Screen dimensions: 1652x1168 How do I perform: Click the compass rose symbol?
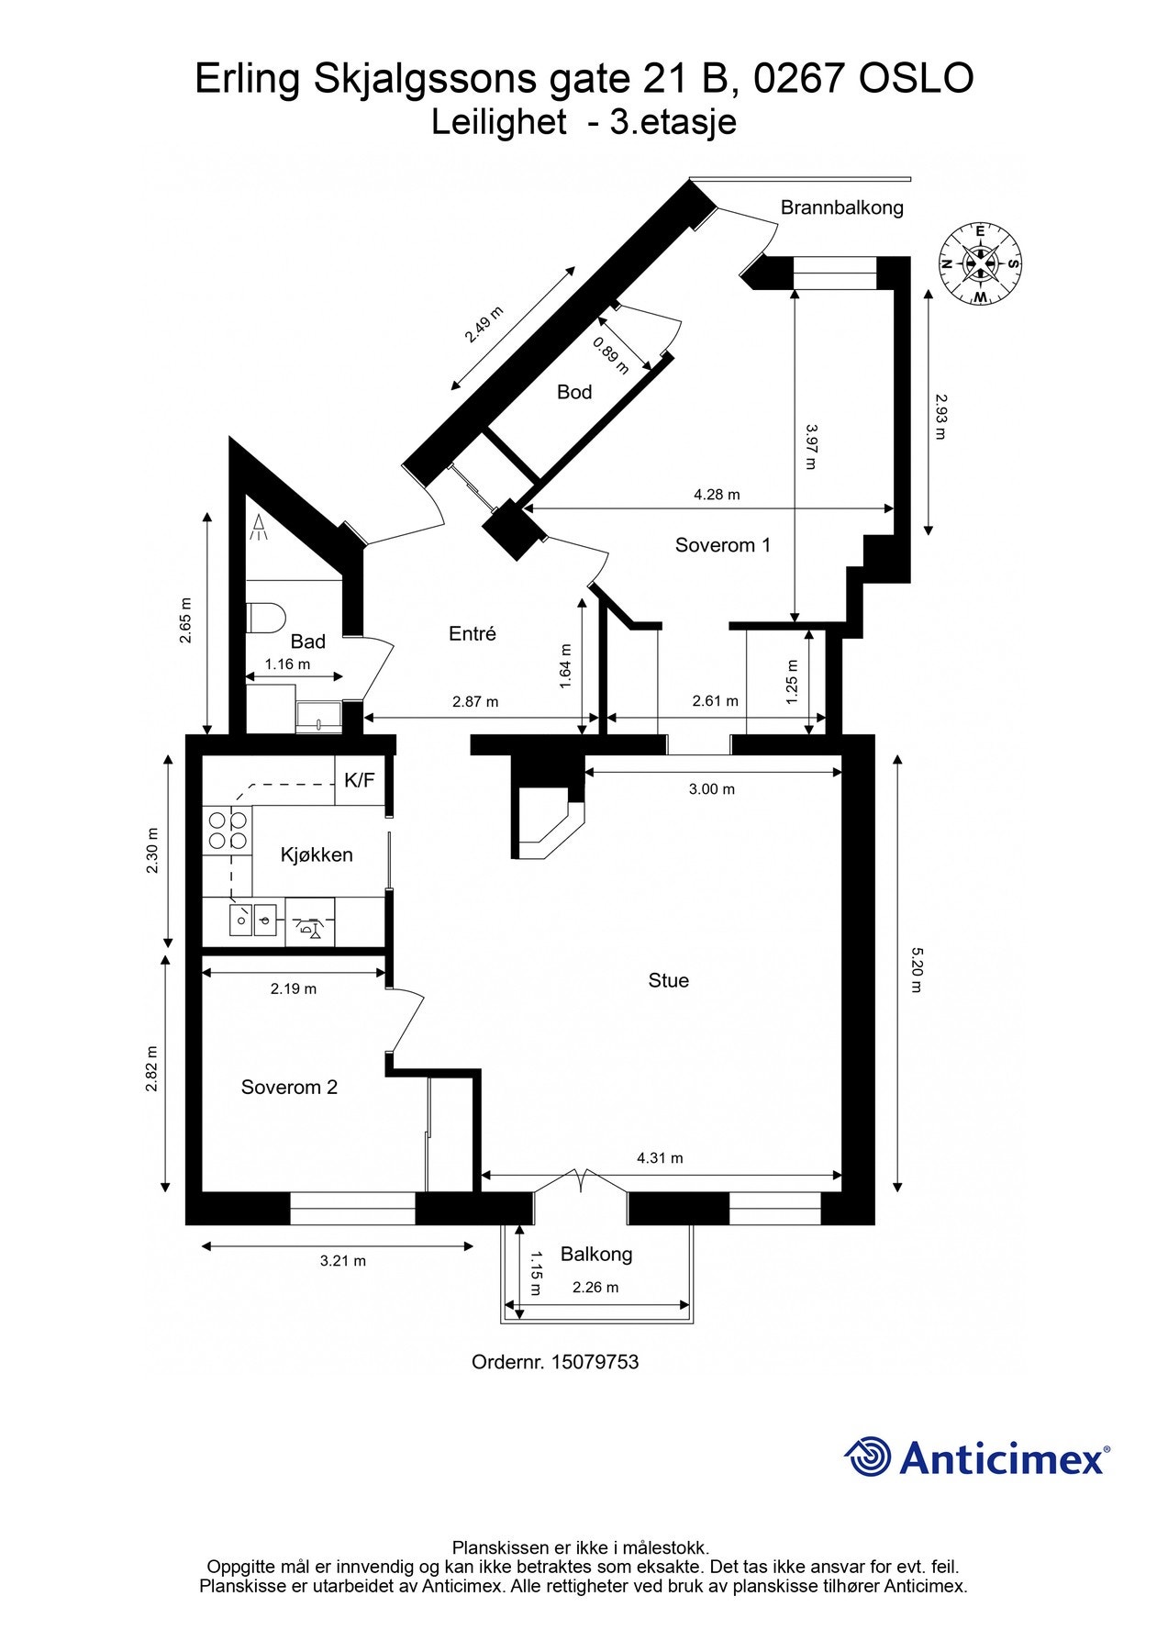tap(980, 263)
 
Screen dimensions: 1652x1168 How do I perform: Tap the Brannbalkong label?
tap(841, 207)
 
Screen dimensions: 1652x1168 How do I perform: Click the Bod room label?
tap(574, 392)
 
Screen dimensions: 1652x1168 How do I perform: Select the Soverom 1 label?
tap(722, 545)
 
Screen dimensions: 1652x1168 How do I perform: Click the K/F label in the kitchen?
tap(359, 780)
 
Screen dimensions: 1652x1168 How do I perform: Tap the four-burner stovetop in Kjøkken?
tap(227, 829)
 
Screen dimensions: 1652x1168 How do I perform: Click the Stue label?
tap(668, 980)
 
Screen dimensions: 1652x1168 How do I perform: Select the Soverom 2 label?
tap(289, 1088)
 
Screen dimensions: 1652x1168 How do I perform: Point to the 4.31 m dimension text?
tap(660, 1158)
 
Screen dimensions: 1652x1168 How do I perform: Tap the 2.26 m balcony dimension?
tap(595, 1288)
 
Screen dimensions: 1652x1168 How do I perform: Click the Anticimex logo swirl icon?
tap(868, 1457)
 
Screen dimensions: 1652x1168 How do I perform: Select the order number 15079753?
tap(595, 1362)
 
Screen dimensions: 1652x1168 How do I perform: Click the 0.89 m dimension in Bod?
tap(610, 355)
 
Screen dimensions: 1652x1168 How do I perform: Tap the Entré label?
tap(472, 633)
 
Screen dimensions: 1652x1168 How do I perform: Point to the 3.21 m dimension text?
tap(342, 1261)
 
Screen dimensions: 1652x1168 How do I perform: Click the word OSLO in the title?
tap(915, 79)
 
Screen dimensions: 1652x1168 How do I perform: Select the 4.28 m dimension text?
tap(716, 495)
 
